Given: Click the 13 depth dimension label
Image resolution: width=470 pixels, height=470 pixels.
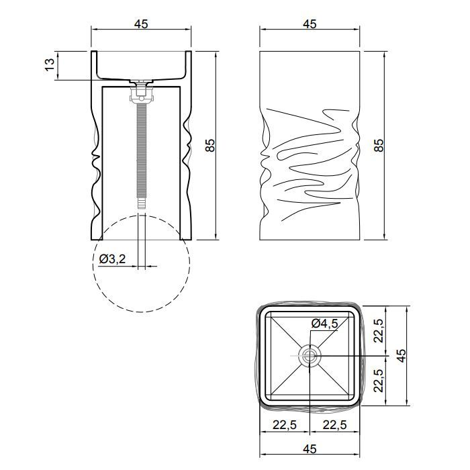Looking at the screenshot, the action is pos(50,64).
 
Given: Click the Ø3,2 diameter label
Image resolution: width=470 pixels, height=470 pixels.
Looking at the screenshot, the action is pos(113,258).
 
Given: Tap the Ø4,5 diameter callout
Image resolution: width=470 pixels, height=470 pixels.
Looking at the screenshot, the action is pos(324,324).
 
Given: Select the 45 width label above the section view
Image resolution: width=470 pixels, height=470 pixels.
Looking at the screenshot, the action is pos(141,24).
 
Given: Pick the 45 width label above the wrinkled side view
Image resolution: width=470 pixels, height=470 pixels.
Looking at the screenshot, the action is pos(310,24).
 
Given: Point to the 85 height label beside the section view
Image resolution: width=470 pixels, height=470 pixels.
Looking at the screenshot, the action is pos(211,145).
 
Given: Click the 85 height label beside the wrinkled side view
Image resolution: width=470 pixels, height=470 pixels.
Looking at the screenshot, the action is pos(379,145).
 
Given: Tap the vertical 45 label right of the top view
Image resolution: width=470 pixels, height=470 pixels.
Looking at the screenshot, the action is pos(402,355).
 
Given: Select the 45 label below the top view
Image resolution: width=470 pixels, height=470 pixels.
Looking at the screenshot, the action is pos(310,449).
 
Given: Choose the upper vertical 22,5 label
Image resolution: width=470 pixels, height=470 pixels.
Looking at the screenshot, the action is pos(379,330).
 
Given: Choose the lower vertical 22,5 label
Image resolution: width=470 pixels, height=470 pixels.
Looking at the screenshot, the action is pos(379,380).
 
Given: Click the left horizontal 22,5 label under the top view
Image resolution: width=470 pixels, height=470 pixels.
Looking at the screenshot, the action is pos(285,425).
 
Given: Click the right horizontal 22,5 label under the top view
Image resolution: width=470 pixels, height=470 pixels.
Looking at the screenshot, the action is pos(334,425).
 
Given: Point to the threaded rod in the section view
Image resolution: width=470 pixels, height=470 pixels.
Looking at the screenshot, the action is pos(141,150).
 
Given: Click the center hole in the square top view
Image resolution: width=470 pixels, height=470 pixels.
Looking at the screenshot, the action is pos(310,356).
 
